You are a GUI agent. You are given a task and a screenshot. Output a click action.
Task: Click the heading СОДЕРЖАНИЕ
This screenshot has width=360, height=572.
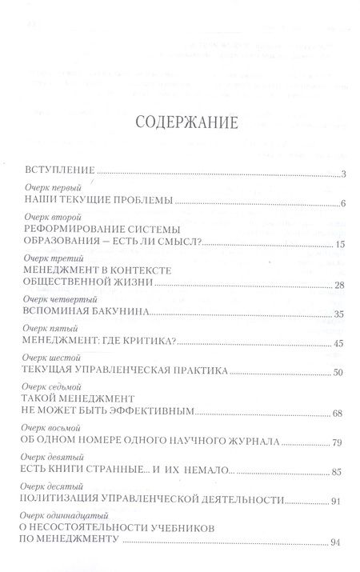[179, 124]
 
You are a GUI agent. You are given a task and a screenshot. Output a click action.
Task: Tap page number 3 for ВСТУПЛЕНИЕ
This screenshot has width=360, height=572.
[342, 174]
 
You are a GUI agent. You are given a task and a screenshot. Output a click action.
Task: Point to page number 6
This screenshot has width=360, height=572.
[342, 205]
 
